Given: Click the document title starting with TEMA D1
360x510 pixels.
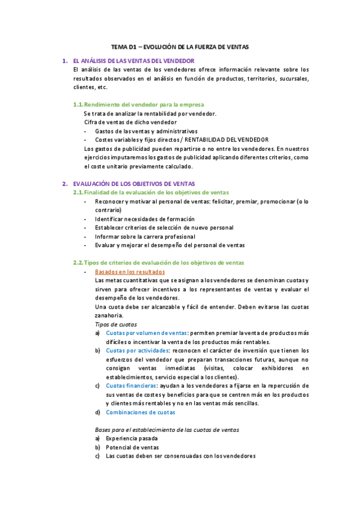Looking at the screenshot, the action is pos(180,46).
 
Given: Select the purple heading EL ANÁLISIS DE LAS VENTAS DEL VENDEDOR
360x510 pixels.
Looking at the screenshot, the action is pos(133,61).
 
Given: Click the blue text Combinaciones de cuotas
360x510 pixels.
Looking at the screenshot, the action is pos(141,412).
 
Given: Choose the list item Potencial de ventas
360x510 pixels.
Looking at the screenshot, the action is pos(129,447).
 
